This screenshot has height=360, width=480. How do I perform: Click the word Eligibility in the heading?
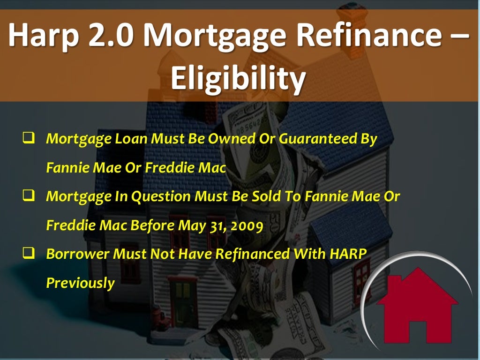click(x=238, y=78)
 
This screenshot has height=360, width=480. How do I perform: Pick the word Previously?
click(x=80, y=283)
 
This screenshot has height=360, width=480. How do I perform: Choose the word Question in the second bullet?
click(x=155, y=197)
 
